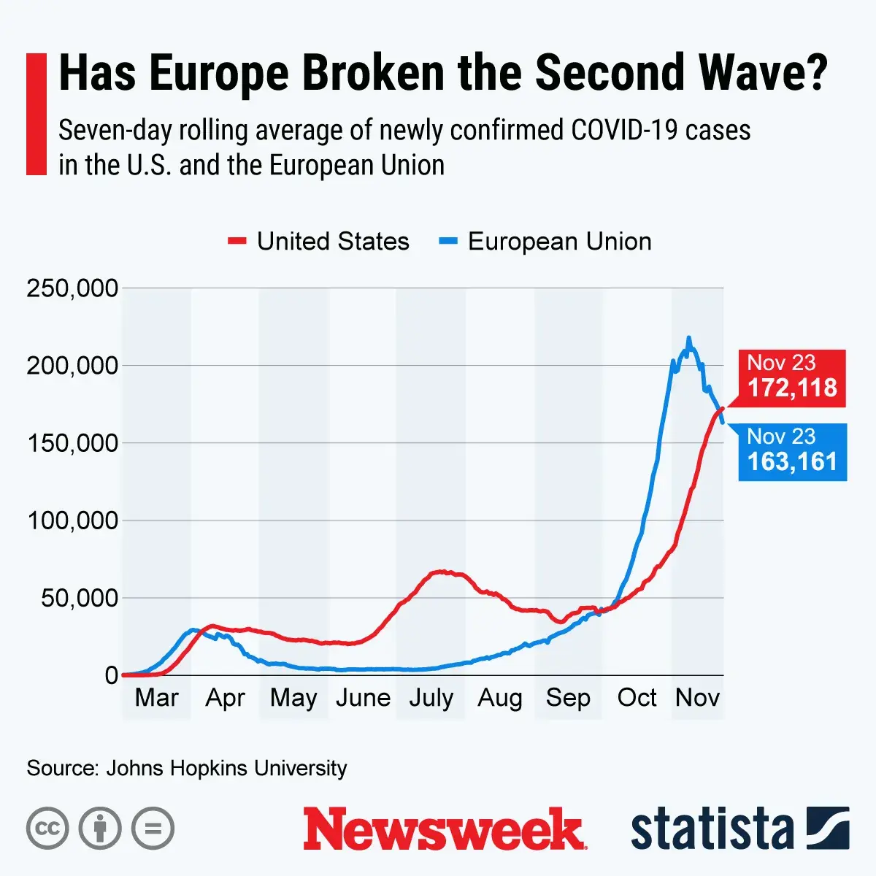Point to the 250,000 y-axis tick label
click(72, 288)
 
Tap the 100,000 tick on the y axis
click(72, 520)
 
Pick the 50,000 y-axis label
click(79, 598)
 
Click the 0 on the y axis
click(111, 675)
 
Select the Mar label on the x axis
click(156, 698)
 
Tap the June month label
click(363, 698)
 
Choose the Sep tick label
click(568, 698)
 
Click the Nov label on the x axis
click(698, 698)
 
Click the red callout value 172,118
click(792, 388)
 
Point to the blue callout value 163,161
click(792, 461)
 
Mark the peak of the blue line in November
click(688, 339)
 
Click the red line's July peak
click(440, 572)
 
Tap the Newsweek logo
click(445, 829)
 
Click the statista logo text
click(712, 829)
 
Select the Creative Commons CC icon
click(47, 829)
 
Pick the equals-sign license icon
click(153, 829)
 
